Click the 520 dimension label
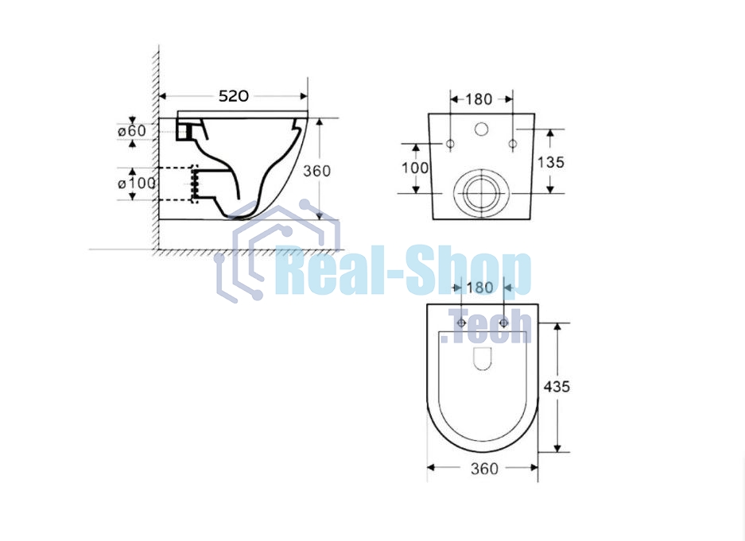click(x=233, y=96)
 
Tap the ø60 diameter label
click(x=132, y=130)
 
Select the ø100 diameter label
click(x=137, y=183)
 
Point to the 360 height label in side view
click(x=317, y=170)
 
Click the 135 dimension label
click(x=551, y=162)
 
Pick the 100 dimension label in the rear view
click(x=415, y=168)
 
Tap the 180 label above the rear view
click(x=479, y=99)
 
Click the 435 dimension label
click(x=557, y=387)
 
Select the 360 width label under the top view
click(x=485, y=469)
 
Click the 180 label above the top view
click(x=480, y=288)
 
